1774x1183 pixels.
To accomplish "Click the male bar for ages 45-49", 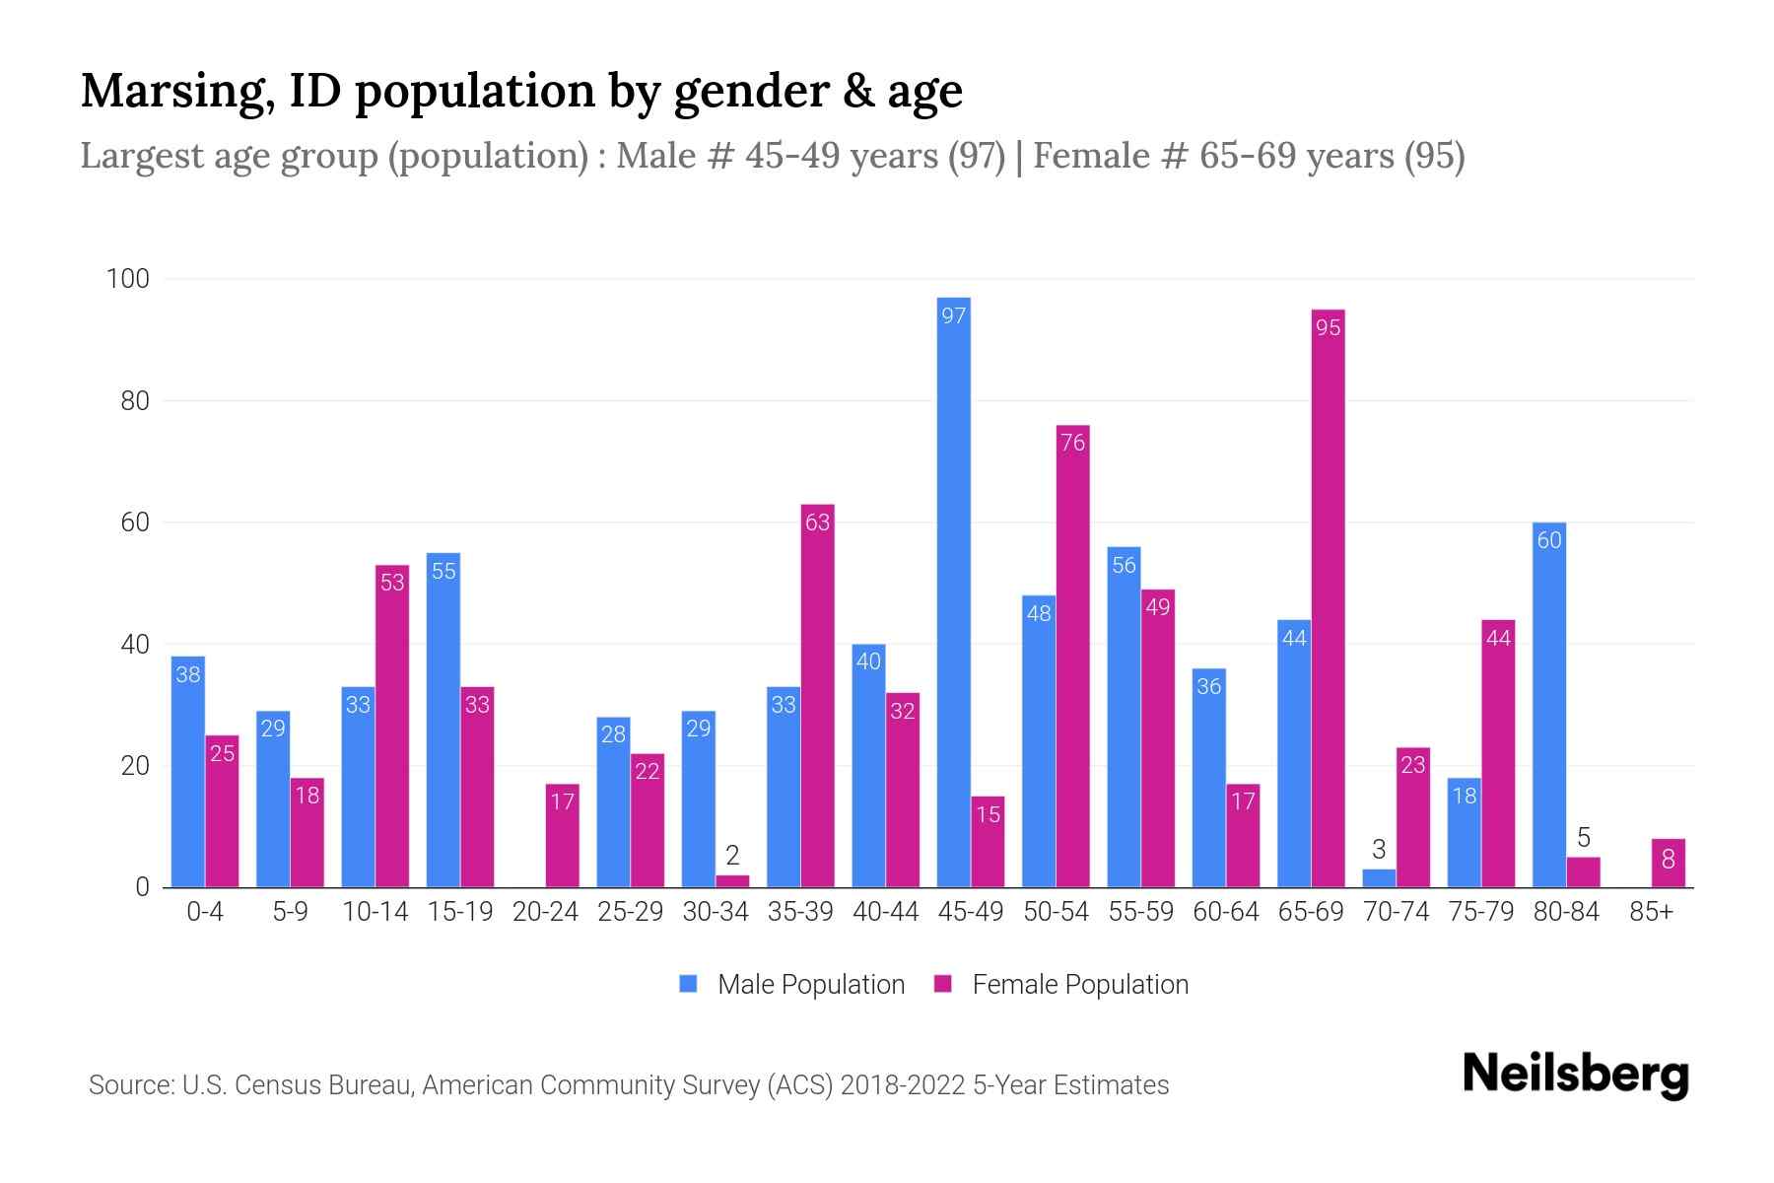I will [953, 591].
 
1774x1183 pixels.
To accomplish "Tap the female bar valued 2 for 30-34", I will [732, 880].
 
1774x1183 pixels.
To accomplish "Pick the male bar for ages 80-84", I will [1549, 705].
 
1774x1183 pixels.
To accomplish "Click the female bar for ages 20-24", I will [562, 836].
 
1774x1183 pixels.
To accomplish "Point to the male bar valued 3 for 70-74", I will [1379, 877].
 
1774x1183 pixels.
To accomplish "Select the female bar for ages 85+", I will [1668, 863].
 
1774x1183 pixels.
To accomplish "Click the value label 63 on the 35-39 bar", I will [817, 522].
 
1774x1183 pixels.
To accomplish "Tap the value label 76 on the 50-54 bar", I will [1072, 444].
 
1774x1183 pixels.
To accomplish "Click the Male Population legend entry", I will [792, 984].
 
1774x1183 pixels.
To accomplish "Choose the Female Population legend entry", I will [1061, 984].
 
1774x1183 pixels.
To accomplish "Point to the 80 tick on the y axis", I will [135, 401].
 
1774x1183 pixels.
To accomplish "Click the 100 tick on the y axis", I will [128, 279].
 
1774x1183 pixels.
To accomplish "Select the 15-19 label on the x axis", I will [460, 912].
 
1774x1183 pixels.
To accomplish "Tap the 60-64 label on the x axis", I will [1225, 912].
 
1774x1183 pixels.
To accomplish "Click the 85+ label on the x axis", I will [1651, 912].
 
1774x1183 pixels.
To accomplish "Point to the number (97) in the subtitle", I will [977, 156].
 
